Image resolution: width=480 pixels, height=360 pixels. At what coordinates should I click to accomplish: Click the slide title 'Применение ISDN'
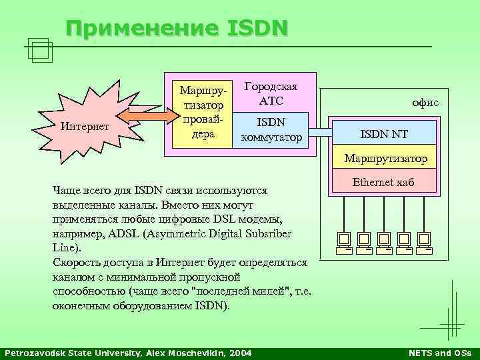(x=177, y=29)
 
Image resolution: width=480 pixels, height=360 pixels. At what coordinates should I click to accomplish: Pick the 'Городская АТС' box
(x=271, y=94)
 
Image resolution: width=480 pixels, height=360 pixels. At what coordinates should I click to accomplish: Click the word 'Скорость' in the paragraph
(x=74, y=263)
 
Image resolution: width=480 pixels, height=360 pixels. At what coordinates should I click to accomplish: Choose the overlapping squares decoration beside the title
(x=41, y=50)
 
